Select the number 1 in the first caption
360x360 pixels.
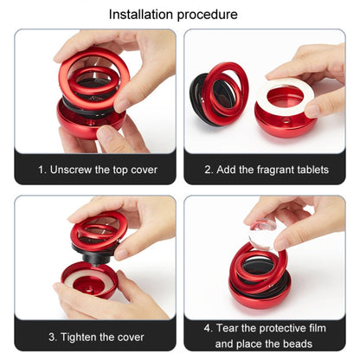coord(42,170)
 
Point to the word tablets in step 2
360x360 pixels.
coord(312,170)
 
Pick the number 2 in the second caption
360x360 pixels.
coord(209,170)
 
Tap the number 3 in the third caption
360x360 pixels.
coord(52,336)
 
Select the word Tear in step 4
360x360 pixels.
coord(232,329)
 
